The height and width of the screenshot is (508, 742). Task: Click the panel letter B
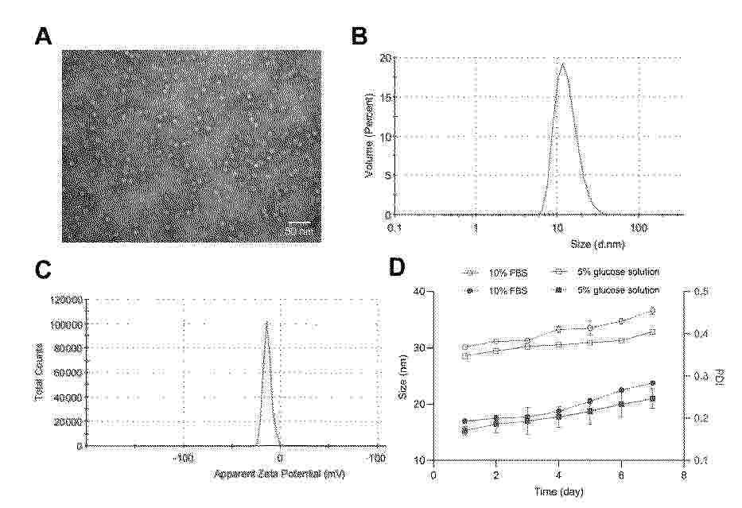[x=359, y=37]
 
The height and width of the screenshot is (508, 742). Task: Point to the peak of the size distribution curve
[x=562, y=64]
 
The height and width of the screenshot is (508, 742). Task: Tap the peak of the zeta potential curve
[x=267, y=322]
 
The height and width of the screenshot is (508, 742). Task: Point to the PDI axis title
[x=720, y=375]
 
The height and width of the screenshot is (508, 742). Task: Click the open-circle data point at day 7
[x=652, y=311]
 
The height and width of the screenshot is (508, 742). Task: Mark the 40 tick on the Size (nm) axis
[x=420, y=292]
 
